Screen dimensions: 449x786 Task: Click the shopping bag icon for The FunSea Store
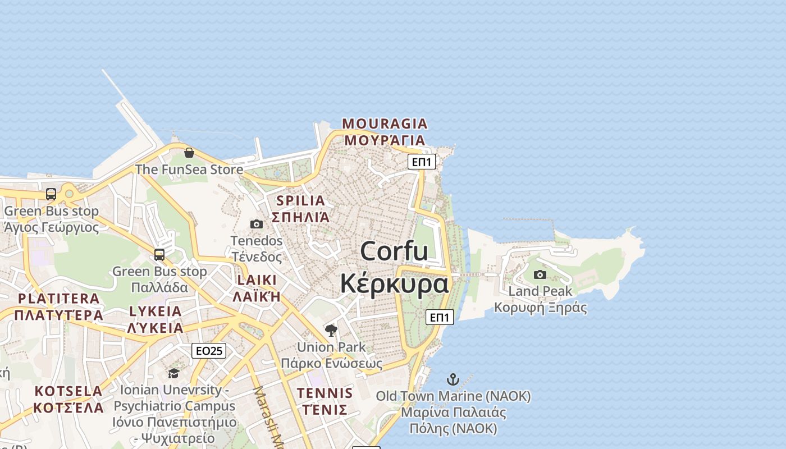click(189, 153)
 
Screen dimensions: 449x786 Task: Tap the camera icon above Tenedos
click(257, 224)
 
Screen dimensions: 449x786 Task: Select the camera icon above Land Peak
click(540, 274)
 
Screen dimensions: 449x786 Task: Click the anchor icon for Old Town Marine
click(453, 379)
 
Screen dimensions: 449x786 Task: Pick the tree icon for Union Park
click(331, 331)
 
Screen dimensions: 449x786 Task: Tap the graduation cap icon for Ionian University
click(173, 373)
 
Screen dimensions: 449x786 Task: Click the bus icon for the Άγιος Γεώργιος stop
click(51, 194)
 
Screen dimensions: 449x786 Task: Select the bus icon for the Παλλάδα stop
click(159, 255)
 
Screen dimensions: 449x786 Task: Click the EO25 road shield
click(209, 351)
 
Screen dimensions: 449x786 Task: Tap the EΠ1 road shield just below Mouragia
click(422, 162)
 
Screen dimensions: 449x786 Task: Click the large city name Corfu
click(394, 251)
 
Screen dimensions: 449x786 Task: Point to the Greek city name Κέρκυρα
click(394, 283)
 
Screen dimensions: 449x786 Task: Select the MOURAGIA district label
click(385, 123)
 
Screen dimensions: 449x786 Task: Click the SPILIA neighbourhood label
click(300, 200)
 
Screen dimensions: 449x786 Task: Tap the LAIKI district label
click(257, 280)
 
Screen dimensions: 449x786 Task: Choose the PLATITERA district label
click(58, 299)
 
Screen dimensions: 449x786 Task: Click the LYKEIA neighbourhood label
click(156, 311)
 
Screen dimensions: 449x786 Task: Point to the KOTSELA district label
click(68, 391)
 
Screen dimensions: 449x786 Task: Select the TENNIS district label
click(325, 393)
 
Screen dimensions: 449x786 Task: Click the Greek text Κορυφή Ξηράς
click(540, 308)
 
